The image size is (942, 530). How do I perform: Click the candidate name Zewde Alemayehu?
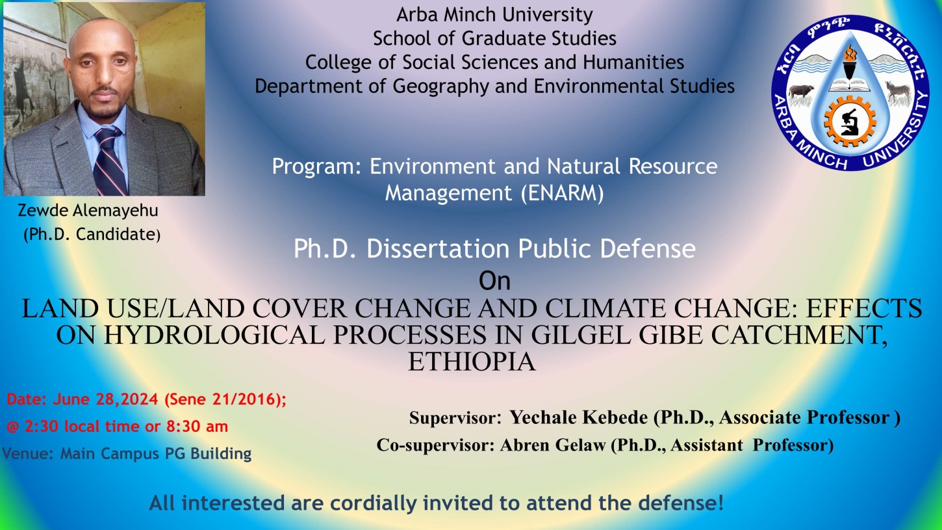(88, 211)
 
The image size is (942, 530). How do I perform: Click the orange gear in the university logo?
(850, 122)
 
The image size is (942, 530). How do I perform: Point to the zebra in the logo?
(898, 91)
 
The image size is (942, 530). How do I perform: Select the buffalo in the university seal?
(800, 92)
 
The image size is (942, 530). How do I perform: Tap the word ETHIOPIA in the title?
(472, 362)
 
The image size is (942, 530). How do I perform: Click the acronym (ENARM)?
(562, 193)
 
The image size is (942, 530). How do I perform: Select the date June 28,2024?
(105, 399)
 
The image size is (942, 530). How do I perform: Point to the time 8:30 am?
(197, 427)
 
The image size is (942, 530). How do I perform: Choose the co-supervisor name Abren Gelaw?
(553, 445)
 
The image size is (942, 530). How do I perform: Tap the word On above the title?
(494, 281)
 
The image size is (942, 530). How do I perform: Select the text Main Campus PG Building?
(156, 453)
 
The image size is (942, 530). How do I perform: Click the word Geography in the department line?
(440, 86)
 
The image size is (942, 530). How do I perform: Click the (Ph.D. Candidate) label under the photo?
(92, 235)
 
